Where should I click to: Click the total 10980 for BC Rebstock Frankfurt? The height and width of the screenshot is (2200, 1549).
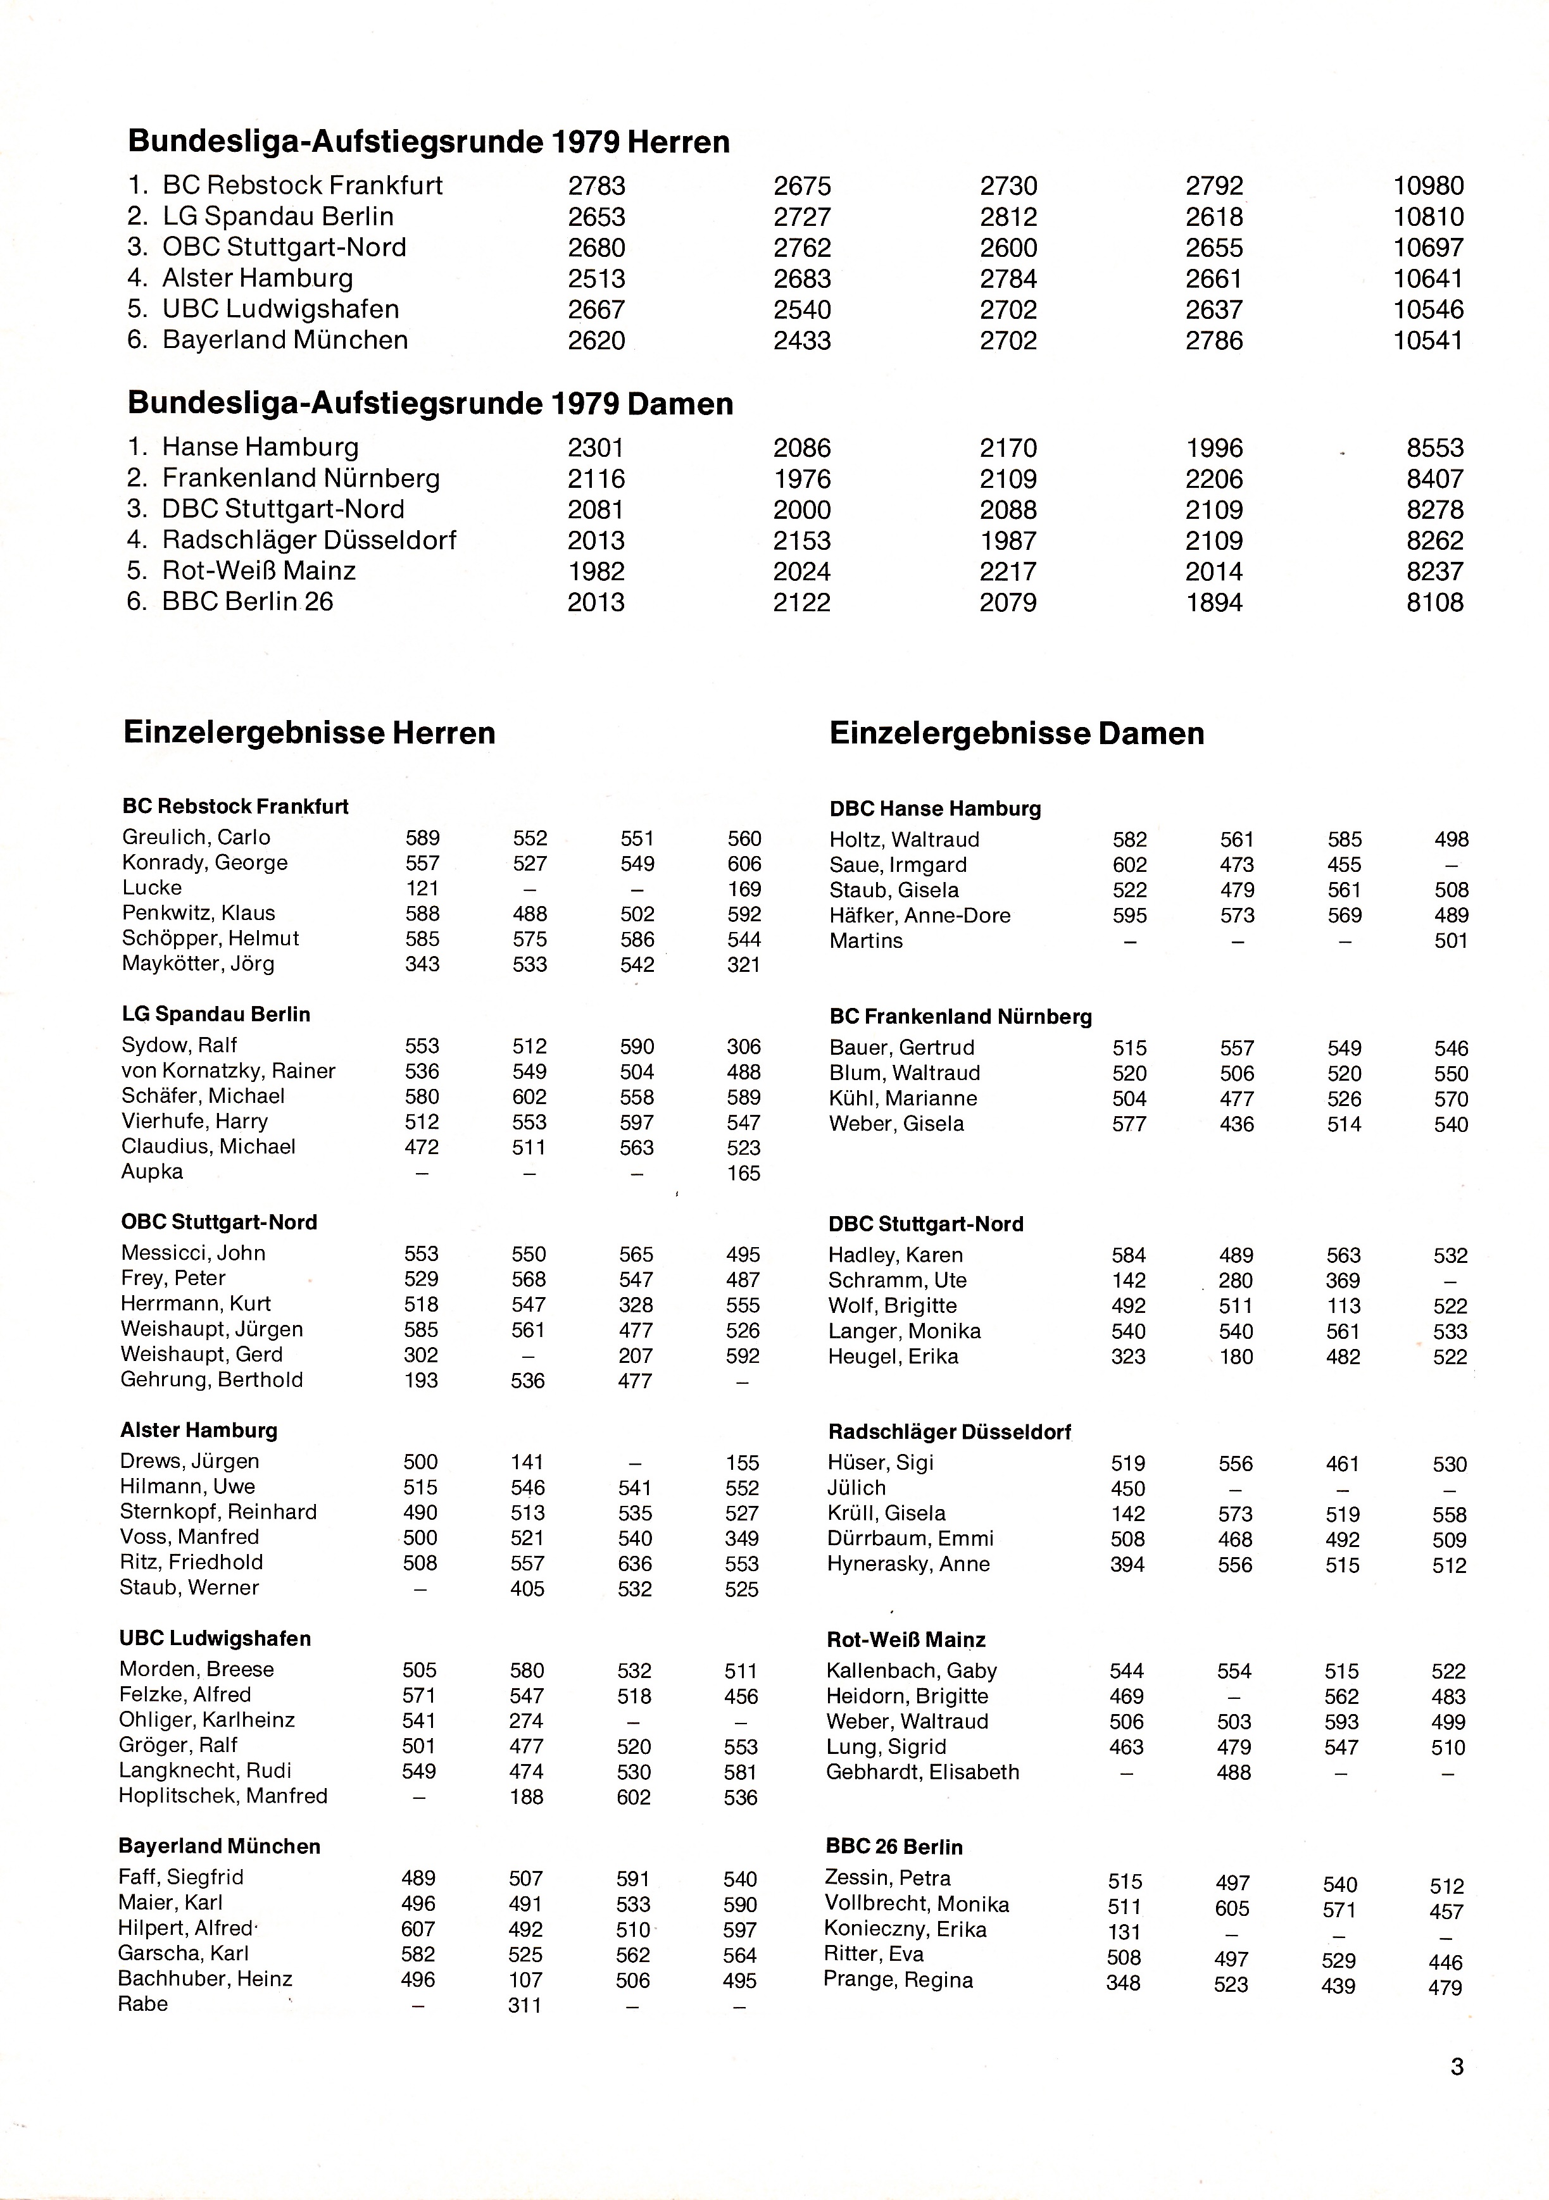(1428, 186)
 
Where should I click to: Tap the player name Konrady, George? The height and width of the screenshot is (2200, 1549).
(204, 862)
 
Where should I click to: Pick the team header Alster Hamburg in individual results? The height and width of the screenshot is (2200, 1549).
(198, 1429)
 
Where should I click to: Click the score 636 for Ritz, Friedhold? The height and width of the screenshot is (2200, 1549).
(634, 1563)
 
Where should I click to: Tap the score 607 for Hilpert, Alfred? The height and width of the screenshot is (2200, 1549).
(418, 1929)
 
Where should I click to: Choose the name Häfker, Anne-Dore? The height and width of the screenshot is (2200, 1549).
(919, 915)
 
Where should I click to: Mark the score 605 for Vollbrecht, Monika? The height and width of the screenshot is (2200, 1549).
(1232, 1908)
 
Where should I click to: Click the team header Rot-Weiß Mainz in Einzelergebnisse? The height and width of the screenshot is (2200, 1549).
(906, 1639)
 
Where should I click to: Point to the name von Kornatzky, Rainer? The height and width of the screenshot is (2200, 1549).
(228, 1071)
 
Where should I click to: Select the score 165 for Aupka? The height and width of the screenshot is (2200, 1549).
(743, 1173)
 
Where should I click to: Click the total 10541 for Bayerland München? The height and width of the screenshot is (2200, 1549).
(1428, 340)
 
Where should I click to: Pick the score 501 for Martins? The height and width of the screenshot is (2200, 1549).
(1450, 941)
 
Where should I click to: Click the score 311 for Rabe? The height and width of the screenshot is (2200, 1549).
(525, 2004)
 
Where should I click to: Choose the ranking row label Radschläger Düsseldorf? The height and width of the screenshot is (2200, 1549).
(309, 540)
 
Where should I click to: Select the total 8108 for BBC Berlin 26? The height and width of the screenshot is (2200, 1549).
(1435, 603)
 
